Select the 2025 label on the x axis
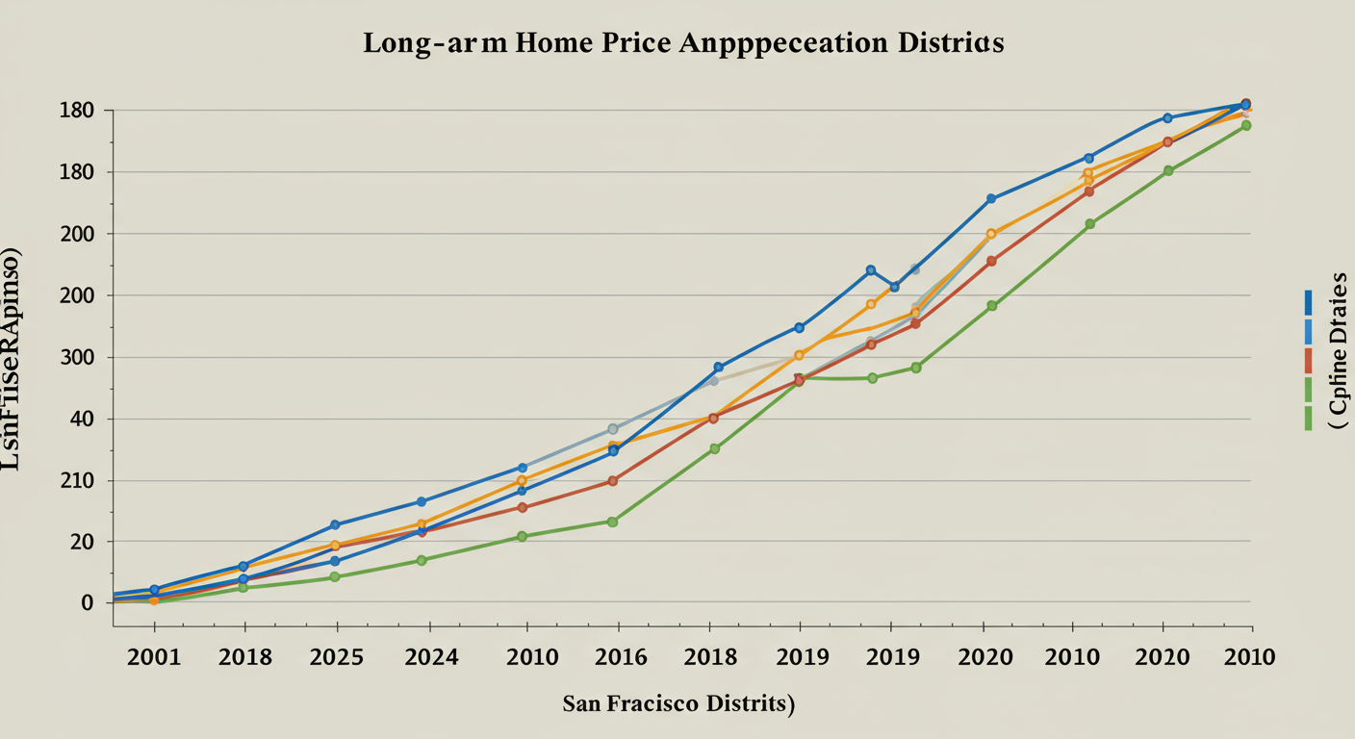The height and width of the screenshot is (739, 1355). (337, 657)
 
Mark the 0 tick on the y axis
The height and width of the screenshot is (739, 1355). (87, 603)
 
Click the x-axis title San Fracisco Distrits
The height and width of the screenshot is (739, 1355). (678, 703)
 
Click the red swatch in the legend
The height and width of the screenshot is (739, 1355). (1308, 360)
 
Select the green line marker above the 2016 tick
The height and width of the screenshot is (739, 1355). (612, 522)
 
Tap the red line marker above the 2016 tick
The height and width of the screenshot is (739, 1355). (612, 480)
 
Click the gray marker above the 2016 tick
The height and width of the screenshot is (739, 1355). (613, 429)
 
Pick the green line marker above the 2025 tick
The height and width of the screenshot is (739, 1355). (335, 577)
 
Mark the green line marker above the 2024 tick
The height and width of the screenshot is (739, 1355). (422, 560)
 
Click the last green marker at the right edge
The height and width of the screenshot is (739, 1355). (1246, 125)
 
